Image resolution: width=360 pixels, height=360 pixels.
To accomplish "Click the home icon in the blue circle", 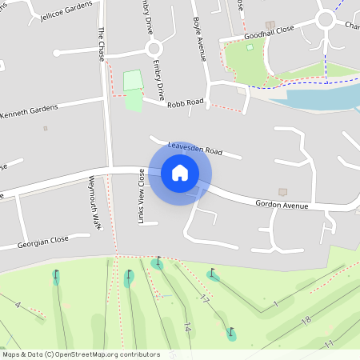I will (179, 173).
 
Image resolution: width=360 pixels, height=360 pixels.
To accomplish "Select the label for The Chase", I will (102, 44).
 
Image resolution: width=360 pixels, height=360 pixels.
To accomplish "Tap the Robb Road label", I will (185, 104).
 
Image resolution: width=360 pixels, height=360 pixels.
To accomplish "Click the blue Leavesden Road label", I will (194, 148).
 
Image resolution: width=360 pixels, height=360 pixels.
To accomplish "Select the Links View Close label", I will (142, 195).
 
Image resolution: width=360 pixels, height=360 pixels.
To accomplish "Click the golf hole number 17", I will (205, 298).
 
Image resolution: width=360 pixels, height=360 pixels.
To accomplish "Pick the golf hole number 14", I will (187, 327).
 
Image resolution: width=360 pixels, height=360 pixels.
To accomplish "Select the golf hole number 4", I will (17, 305).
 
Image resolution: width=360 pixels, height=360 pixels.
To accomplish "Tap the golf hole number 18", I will (305, 320).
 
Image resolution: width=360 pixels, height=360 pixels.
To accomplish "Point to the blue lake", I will (320, 98).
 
